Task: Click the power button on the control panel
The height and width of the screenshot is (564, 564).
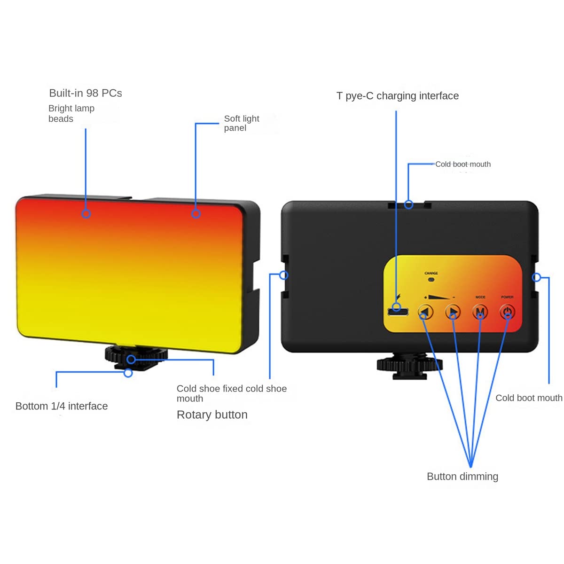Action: [x=507, y=312]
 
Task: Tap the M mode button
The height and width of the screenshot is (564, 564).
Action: [x=480, y=312]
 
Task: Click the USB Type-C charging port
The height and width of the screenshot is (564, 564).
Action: [x=397, y=312]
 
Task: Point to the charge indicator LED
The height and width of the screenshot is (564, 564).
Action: [x=431, y=280]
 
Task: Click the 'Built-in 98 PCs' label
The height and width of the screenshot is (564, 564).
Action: [x=86, y=93]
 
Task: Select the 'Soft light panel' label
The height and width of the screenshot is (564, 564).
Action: [x=241, y=123]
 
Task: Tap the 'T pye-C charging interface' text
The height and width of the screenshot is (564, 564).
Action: [x=398, y=96]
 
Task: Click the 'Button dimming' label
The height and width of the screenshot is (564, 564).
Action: [x=462, y=477]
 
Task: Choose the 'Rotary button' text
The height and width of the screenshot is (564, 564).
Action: [x=212, y=415]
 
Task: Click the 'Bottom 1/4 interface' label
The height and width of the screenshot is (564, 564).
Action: [x=62, y=406]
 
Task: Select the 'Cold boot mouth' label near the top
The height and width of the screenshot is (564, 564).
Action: [x=463, y=164]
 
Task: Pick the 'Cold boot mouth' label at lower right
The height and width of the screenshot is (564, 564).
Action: [x=529, y=398]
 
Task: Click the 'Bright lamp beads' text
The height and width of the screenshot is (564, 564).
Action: [x=71, y=113]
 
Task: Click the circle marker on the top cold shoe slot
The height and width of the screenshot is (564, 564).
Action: [x=409, y=204]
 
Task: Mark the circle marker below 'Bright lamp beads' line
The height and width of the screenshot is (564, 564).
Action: [x=86, y=214]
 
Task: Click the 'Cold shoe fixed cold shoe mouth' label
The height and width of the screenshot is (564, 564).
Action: [x=231, y=393]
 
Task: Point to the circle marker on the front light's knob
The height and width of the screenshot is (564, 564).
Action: [x=132, y=360]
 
